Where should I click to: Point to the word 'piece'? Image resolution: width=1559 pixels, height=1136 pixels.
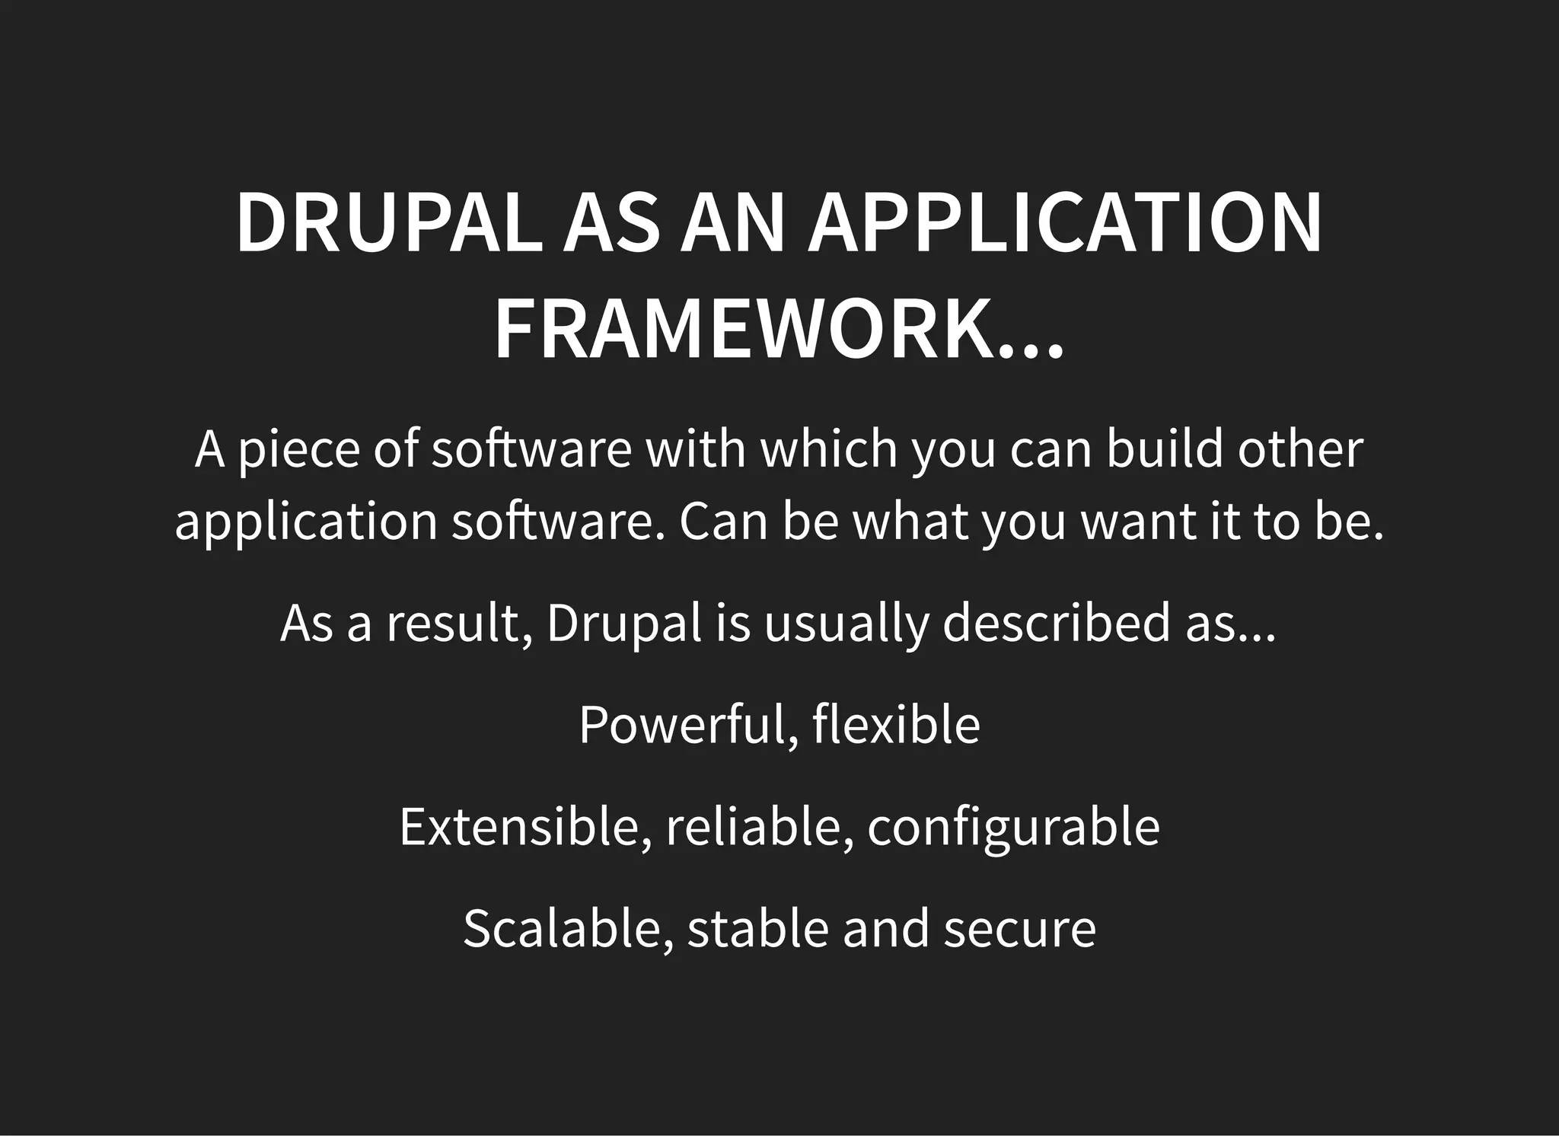[x=298, y=451]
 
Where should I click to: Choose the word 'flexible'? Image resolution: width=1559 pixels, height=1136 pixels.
[x=896, y=725]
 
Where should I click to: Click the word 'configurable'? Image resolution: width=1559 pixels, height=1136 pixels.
[x=1013, y=828]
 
